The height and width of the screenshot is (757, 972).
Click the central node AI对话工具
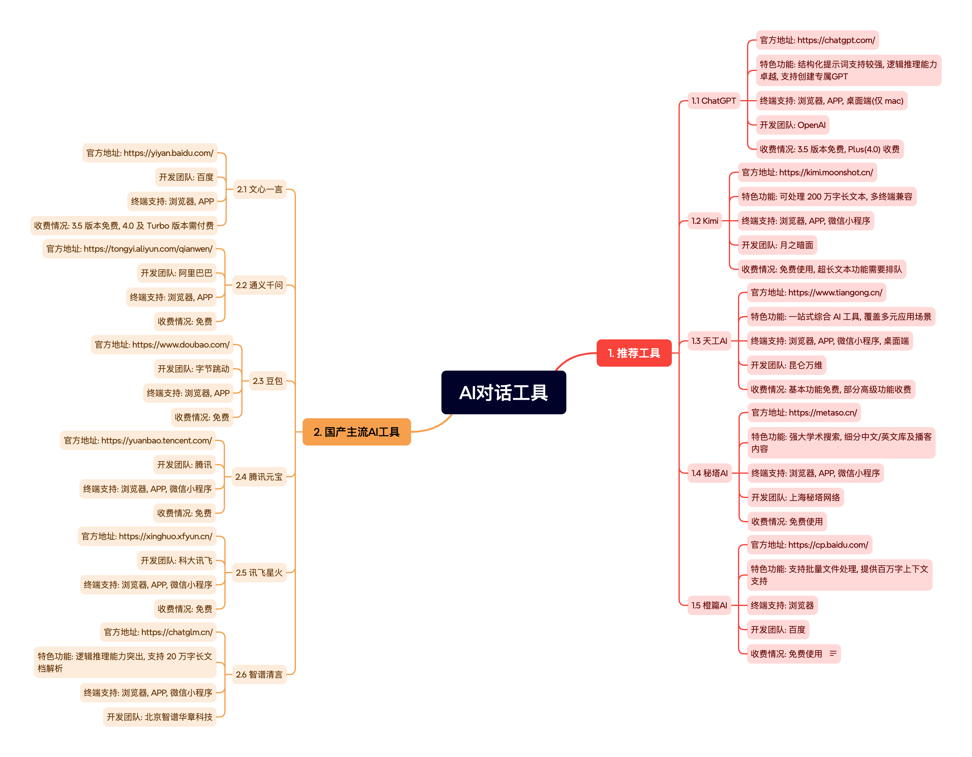[x=503, y=392]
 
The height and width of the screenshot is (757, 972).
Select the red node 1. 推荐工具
[x=633, y=353]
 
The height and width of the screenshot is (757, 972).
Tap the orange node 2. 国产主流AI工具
[x=357, y=432]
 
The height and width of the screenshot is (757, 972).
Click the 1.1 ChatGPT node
[x=713, y=101]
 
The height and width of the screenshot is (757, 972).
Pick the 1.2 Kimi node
[x=705, y=221]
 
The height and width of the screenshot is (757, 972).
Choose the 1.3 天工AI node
[x=709, y=341]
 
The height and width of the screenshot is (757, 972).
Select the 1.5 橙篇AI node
[x=709, y=605]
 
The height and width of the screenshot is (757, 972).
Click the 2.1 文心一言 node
[x=260, y=189]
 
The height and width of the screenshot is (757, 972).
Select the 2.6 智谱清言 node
[x=259, y=674]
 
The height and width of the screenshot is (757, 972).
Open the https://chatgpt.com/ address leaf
[x=817, y=40]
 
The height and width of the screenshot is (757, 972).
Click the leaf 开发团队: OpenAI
[x=792, y=125]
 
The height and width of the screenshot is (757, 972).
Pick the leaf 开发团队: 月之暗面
[x=777, y=245]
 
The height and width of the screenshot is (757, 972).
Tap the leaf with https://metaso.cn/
[x=804, y=412]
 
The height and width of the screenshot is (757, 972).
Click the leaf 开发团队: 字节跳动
[x=194, y=369]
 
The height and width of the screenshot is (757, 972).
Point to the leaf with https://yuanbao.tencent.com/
[x=138, y=440]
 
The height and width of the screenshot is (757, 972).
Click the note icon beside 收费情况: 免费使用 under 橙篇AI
[x=833, y=653]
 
